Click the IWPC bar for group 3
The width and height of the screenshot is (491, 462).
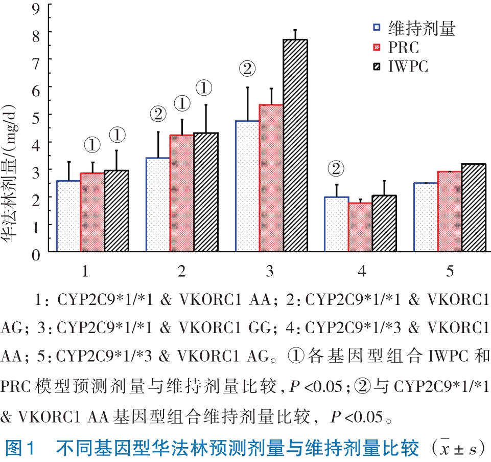pos(295,146)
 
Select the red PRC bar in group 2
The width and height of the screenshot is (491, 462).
pos(181,193)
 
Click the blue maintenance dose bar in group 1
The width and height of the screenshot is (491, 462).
pos(68,216)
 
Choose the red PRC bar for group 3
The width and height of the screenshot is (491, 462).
pos(271,178)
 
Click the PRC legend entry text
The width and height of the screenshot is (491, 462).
pos(404,48)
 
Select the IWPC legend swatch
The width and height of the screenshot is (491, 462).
pos(377,67)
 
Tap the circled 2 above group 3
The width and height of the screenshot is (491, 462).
pos(247,70)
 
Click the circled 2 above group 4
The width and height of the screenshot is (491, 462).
pos(336,168)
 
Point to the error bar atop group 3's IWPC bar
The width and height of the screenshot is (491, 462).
pos(295,34)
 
